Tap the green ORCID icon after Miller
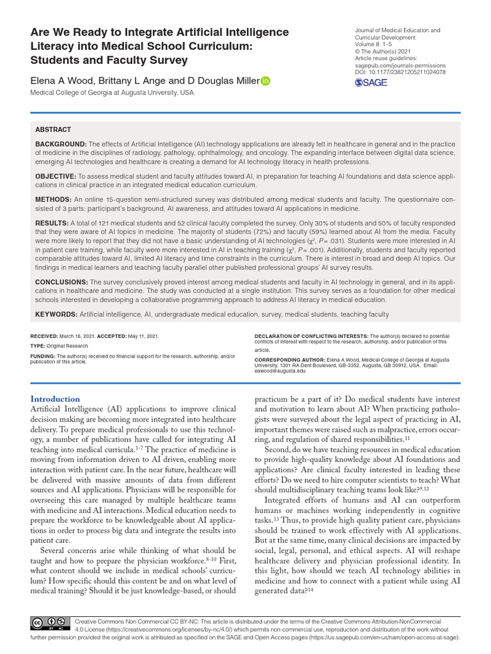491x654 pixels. pyautogui.click(x=265, y=80)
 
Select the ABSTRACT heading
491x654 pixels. pyautogui.click(x=52, y=130)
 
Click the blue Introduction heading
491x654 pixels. pyautogui.click(x=56, y=399)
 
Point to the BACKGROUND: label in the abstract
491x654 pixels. pyautogui.click(x=61, y=144)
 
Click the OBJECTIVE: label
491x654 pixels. pyautogui.click(x=56, y=176)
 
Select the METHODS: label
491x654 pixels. pyautogui.click(x=54, y=199)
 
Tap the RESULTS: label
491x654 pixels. pyautogui.click(x=54, y=223)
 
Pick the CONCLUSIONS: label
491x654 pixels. pyautogui.click(x=61, y=282)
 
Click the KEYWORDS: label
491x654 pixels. pyautogui.click(x=56, y=314)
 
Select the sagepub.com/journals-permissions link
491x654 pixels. pyautogui.click(x=400, y=66)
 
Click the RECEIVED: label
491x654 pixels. pyautogui.click(x=45, y=335)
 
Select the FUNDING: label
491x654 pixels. pyautogui.click(x=43, y=356)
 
